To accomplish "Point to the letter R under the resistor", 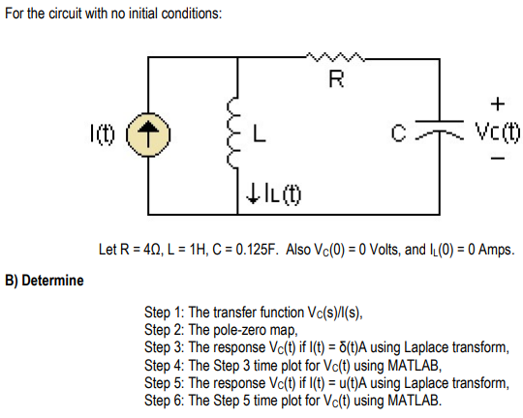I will [x=335, y=78].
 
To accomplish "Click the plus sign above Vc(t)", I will [x=497, y=103].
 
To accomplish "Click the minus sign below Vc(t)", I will [x=497, y=161].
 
